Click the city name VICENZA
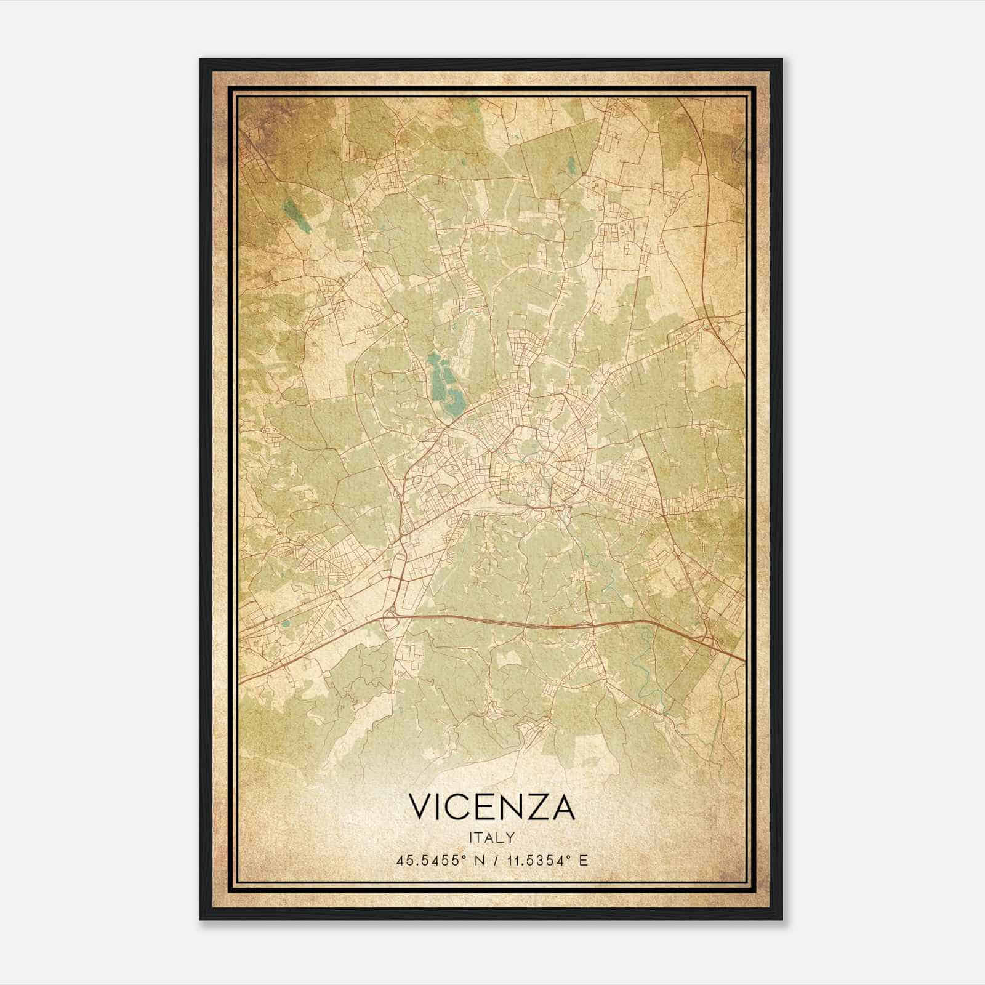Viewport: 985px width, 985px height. pyautogui.click(x=491, y=807)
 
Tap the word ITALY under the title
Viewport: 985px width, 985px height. pyautogui.click(x=491, y=837)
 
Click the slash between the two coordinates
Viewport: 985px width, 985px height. pyautogui.click(x=493, y=860)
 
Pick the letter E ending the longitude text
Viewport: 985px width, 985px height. pyautogui.click(x=583, y=860)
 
